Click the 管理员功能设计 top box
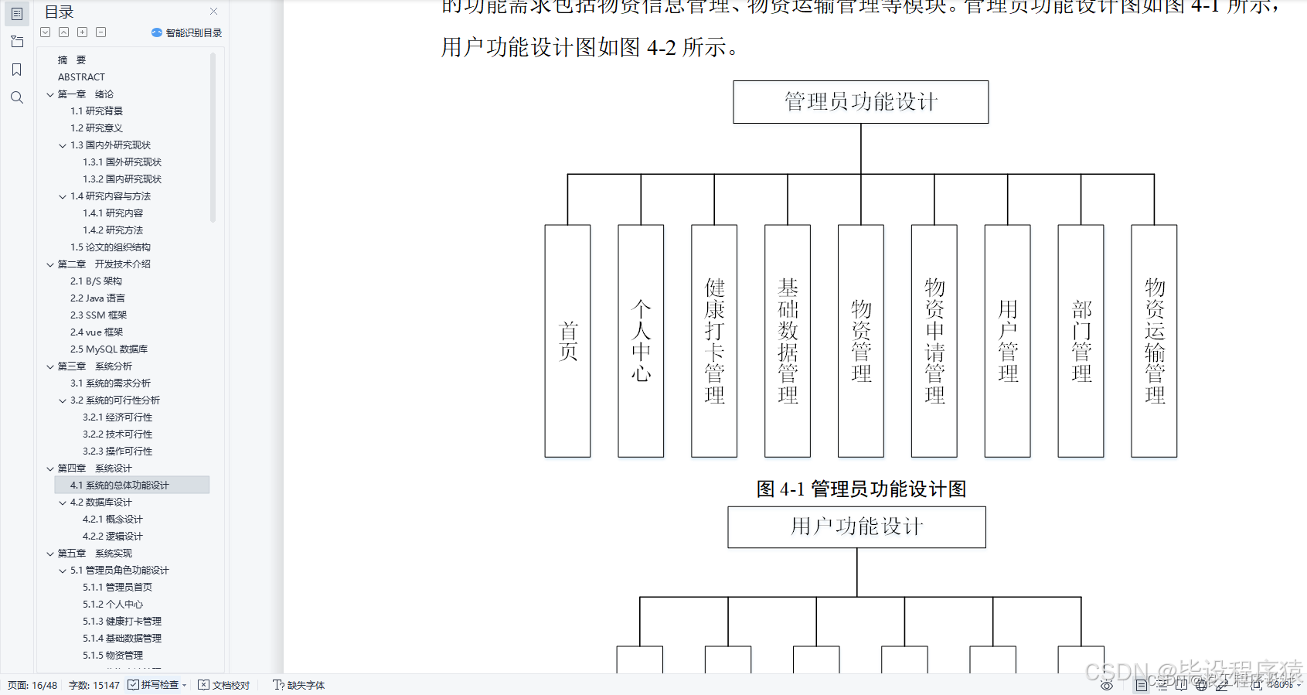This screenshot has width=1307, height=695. click(860, 102)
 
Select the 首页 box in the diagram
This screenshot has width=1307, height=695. click(567, 341)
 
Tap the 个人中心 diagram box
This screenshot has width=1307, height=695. click(641, 341)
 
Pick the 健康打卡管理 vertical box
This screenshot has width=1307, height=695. click(714, 341)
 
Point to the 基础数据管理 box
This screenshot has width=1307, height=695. click(788, 341)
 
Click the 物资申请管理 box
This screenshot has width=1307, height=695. click(934, 341)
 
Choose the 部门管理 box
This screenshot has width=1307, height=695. click(1081, 341)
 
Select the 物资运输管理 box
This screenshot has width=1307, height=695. click(1154, 341)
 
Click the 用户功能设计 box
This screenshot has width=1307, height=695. click(856, 527)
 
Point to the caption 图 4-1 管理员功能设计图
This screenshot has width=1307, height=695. click(861, 489)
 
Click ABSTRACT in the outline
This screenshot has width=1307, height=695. click(81, 77)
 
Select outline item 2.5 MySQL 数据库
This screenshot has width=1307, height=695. click(109, 349)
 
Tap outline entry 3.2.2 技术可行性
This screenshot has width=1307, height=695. click(117, 434)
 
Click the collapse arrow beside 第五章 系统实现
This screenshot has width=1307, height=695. click(50, 554)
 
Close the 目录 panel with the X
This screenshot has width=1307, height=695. click(213, 12)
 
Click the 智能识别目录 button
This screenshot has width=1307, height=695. click(187, 32)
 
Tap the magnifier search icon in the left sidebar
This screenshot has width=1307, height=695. click(17, 97)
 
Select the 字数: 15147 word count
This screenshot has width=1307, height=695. click(94, 685)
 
